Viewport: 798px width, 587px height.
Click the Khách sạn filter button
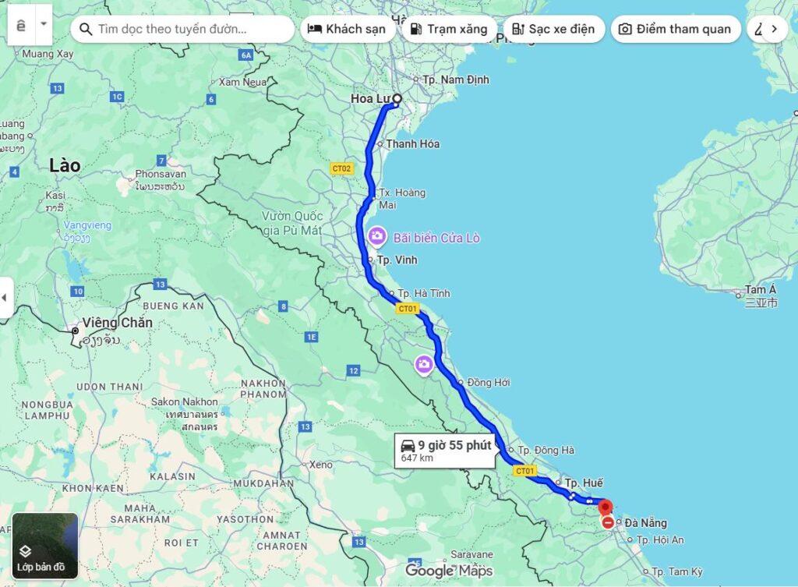tap(347, 29)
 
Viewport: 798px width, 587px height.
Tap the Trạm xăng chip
tap(448, 29)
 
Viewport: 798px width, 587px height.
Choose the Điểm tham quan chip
tap(675, 29)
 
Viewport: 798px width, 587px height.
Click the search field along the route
tap(182, 29)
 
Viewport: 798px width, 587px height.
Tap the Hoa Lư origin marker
tap(397, 99)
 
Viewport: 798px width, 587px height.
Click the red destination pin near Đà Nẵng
tap(606, 507)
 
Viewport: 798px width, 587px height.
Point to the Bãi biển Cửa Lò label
tap(436, 238)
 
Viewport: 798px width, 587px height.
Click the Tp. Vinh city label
tap(397, 260)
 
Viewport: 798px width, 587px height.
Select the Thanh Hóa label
tap(412, 143)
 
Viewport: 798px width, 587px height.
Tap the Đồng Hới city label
tap(488, 383)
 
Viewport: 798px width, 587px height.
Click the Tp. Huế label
tap(584, 483)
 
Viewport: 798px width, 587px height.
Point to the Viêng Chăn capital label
tap(117, 323)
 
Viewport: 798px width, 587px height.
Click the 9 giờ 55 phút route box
tap(445, 450)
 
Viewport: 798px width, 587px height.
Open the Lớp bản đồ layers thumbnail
tap(45, 545)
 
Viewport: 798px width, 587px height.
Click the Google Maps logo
tap(448, 571)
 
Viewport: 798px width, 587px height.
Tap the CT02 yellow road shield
tap(341, 168)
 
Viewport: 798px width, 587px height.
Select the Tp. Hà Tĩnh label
tap(424, 293)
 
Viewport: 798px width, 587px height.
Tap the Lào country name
tap(65, 165)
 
